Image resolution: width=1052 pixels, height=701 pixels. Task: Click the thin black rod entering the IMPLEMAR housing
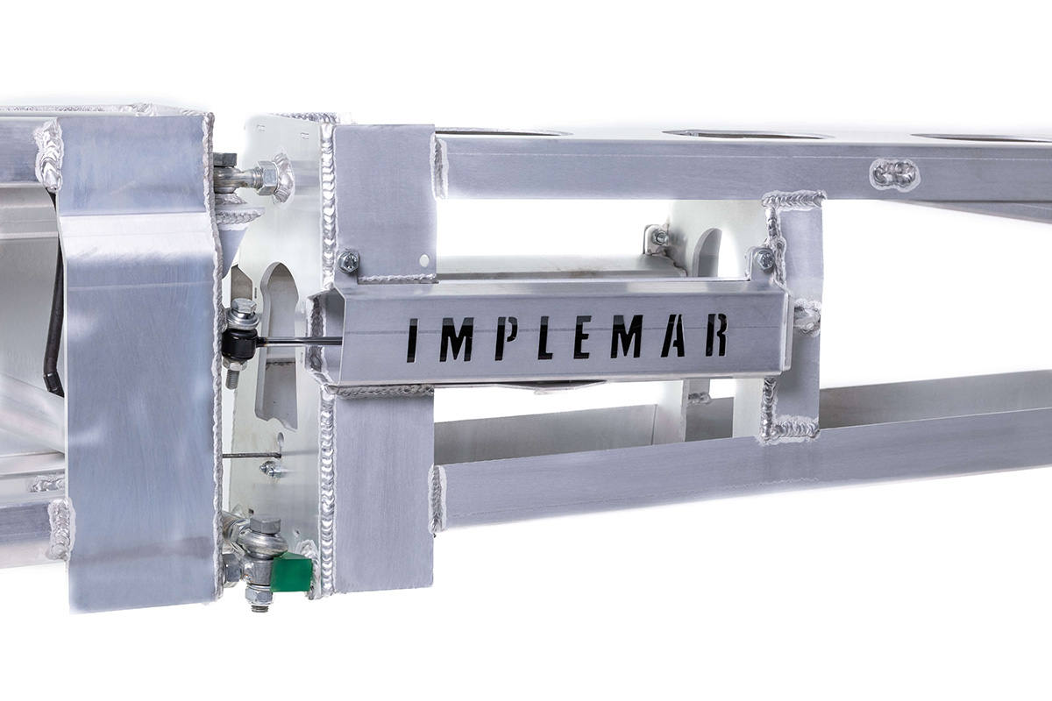pos(302,342)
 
